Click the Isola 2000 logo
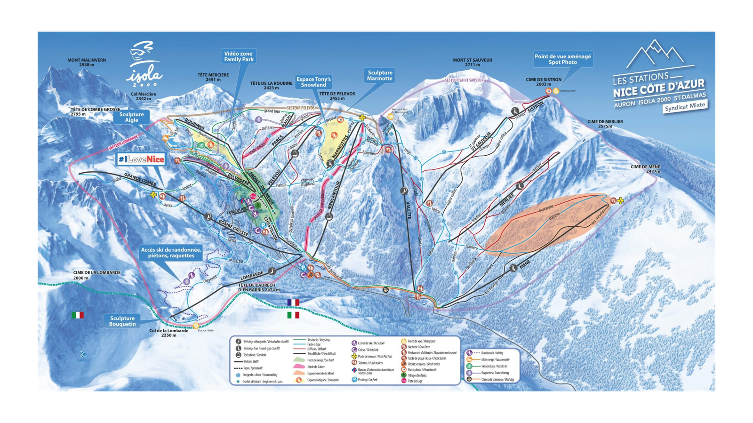coord(144,66)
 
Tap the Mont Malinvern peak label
coord(87,62)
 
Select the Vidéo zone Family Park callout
coord(239,56)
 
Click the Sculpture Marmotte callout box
coord(380,75)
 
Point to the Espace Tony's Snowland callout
coord(313,82)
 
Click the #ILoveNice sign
coord(141,160)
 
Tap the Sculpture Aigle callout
coord(132,117)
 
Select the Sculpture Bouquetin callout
coord(122,321)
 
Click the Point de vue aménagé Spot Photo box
coord(562,59)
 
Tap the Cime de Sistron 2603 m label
coord(544,82)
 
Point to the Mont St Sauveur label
coord(473,62)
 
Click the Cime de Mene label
coord(646,169)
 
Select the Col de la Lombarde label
coord(169,333)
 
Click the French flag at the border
coord(293,302)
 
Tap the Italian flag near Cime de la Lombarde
coord(78,315)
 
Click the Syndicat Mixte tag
coord(685,106)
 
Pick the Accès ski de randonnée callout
coord(171,253)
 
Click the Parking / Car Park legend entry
coord(367,379)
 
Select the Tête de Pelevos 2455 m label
coord(337,96)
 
